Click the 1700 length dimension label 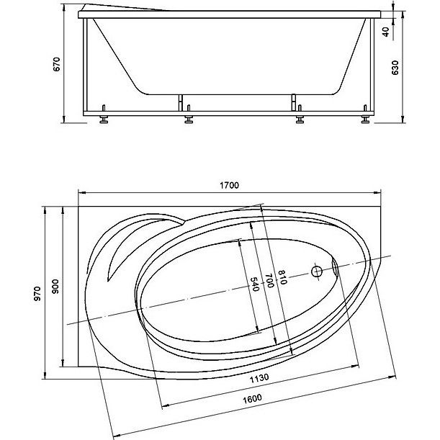(x=229, y=185)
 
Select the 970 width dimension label (x=37, y=294)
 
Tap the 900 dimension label (x=56, y=286)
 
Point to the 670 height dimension (x=57, y=64)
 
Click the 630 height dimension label (x=395, y=68)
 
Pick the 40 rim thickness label (x=386, y=32)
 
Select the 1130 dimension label (x=259, y=378)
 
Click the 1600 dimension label (x=252, y=399)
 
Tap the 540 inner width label (x=254, y=284)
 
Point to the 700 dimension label (x=269, y=280)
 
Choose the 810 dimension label (x=282, y=277)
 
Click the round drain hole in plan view (x=317, y=271)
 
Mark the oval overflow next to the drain (x=335, y=267)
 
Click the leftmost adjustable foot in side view (x=104, y=116)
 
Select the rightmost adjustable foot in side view (x=365, y=116)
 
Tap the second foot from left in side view (x=189, y=116)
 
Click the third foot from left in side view (x=300, y=116)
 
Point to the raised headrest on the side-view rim (x=123, y=8)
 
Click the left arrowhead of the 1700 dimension (x=82, y=193)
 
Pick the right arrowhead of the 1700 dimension (x=377, y=193)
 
